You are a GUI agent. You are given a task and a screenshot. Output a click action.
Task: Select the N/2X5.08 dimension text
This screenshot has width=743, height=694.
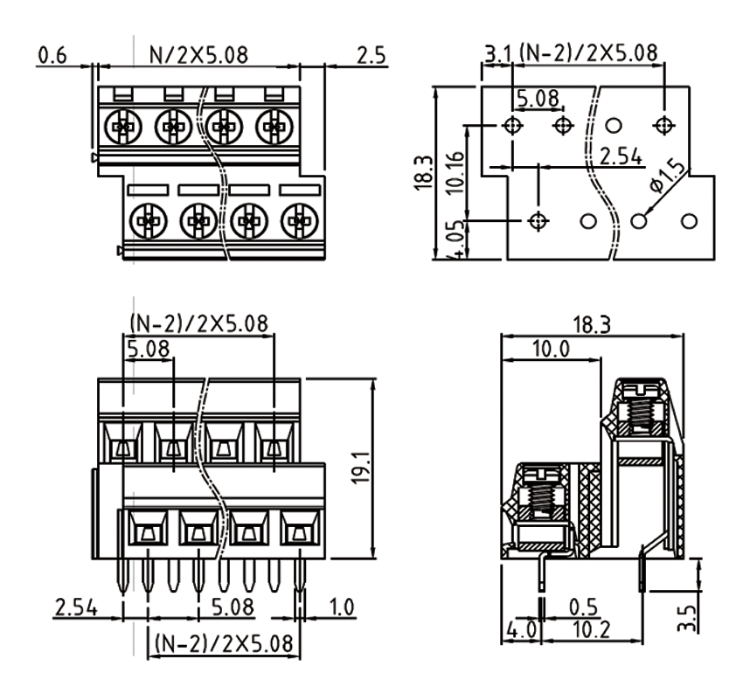coord(199,55)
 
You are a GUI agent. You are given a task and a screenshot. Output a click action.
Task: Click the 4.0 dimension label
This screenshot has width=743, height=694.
coord(523,628)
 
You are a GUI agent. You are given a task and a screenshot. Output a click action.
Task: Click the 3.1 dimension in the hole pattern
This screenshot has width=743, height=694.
coord(499,54)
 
